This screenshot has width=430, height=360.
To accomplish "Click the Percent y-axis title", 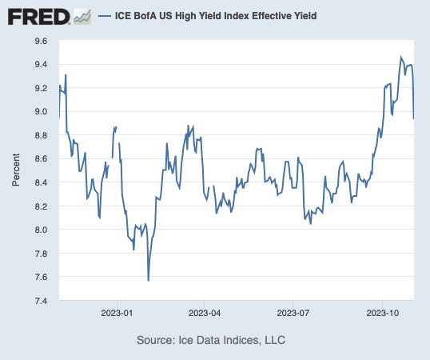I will (16, 171).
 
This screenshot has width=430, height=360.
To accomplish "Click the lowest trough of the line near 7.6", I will (148, 280).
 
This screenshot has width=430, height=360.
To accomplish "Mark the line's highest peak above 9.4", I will (401, 58).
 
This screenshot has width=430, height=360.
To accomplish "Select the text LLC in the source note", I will (273, 340).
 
